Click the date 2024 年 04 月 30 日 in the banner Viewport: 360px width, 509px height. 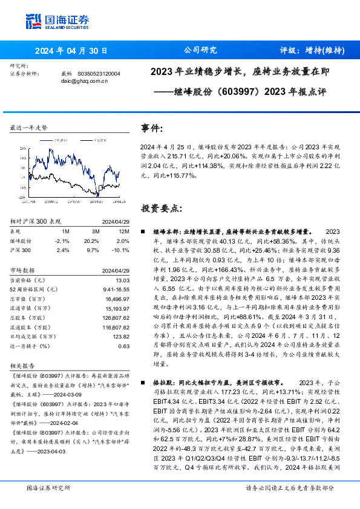pos(71,51)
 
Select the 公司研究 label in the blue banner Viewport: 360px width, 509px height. pos(200,51)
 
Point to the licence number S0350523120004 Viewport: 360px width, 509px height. pos(99,73)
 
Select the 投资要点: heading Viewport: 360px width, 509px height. pos(160,208)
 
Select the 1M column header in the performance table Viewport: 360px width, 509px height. pos(65,230)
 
